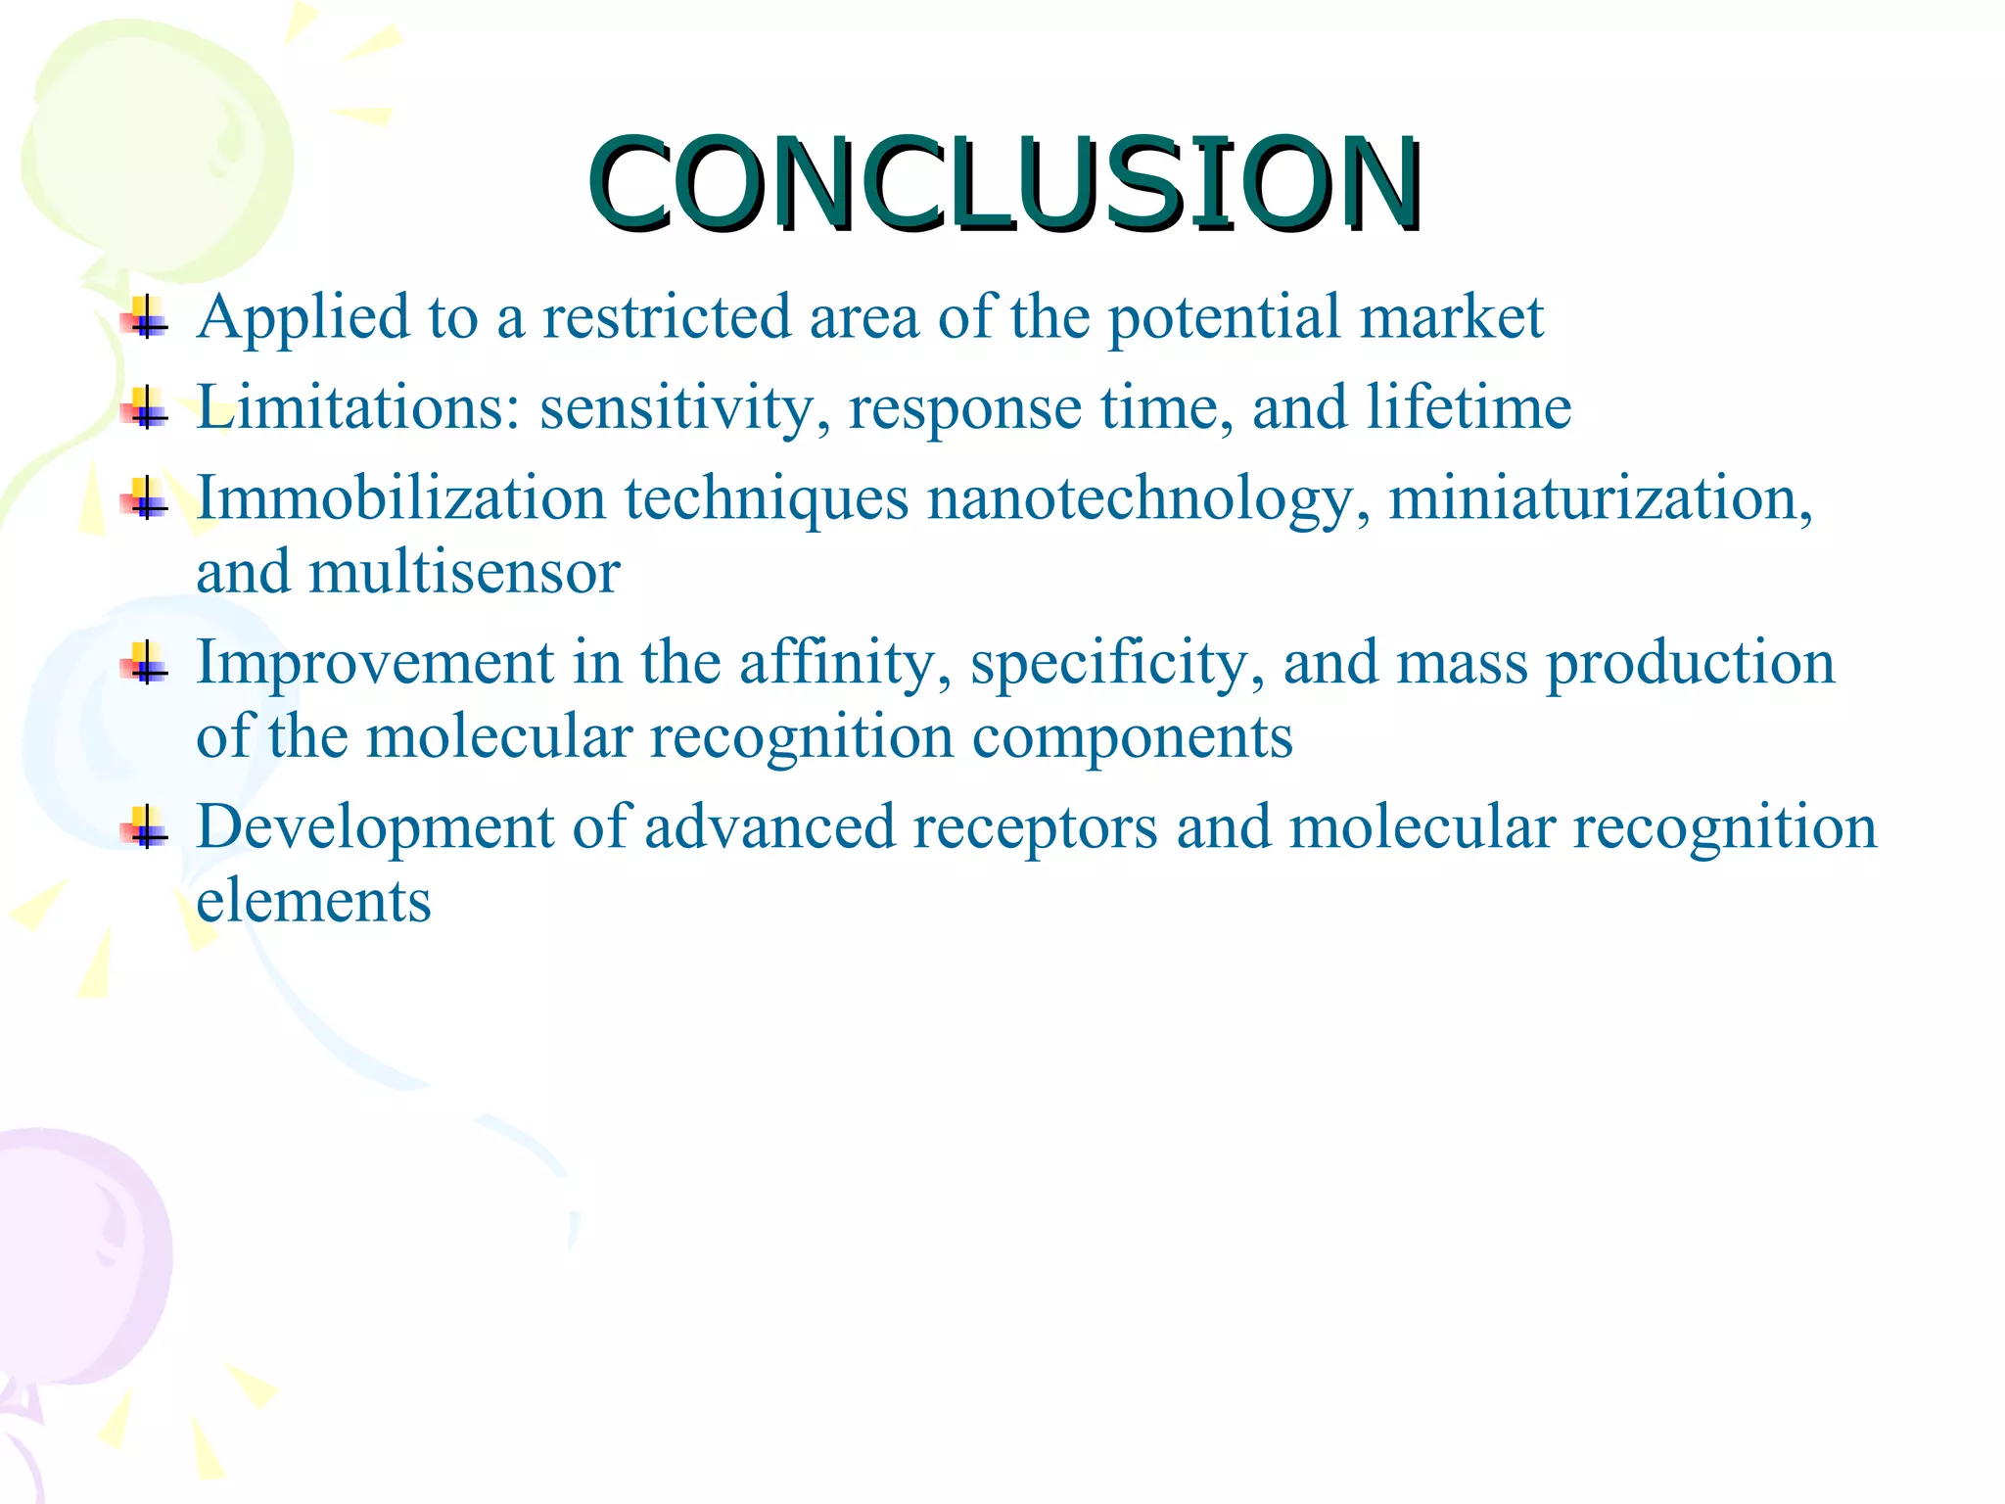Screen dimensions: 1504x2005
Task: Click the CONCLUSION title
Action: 1004,184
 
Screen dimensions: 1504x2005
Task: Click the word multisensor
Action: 465,572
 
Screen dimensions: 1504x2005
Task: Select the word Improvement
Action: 376,664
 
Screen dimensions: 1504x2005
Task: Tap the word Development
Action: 376,828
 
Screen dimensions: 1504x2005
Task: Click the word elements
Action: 313,901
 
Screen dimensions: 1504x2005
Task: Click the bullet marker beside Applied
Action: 145,318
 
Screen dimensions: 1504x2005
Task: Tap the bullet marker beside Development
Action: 145,828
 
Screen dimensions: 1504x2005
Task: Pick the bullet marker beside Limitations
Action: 145,407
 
